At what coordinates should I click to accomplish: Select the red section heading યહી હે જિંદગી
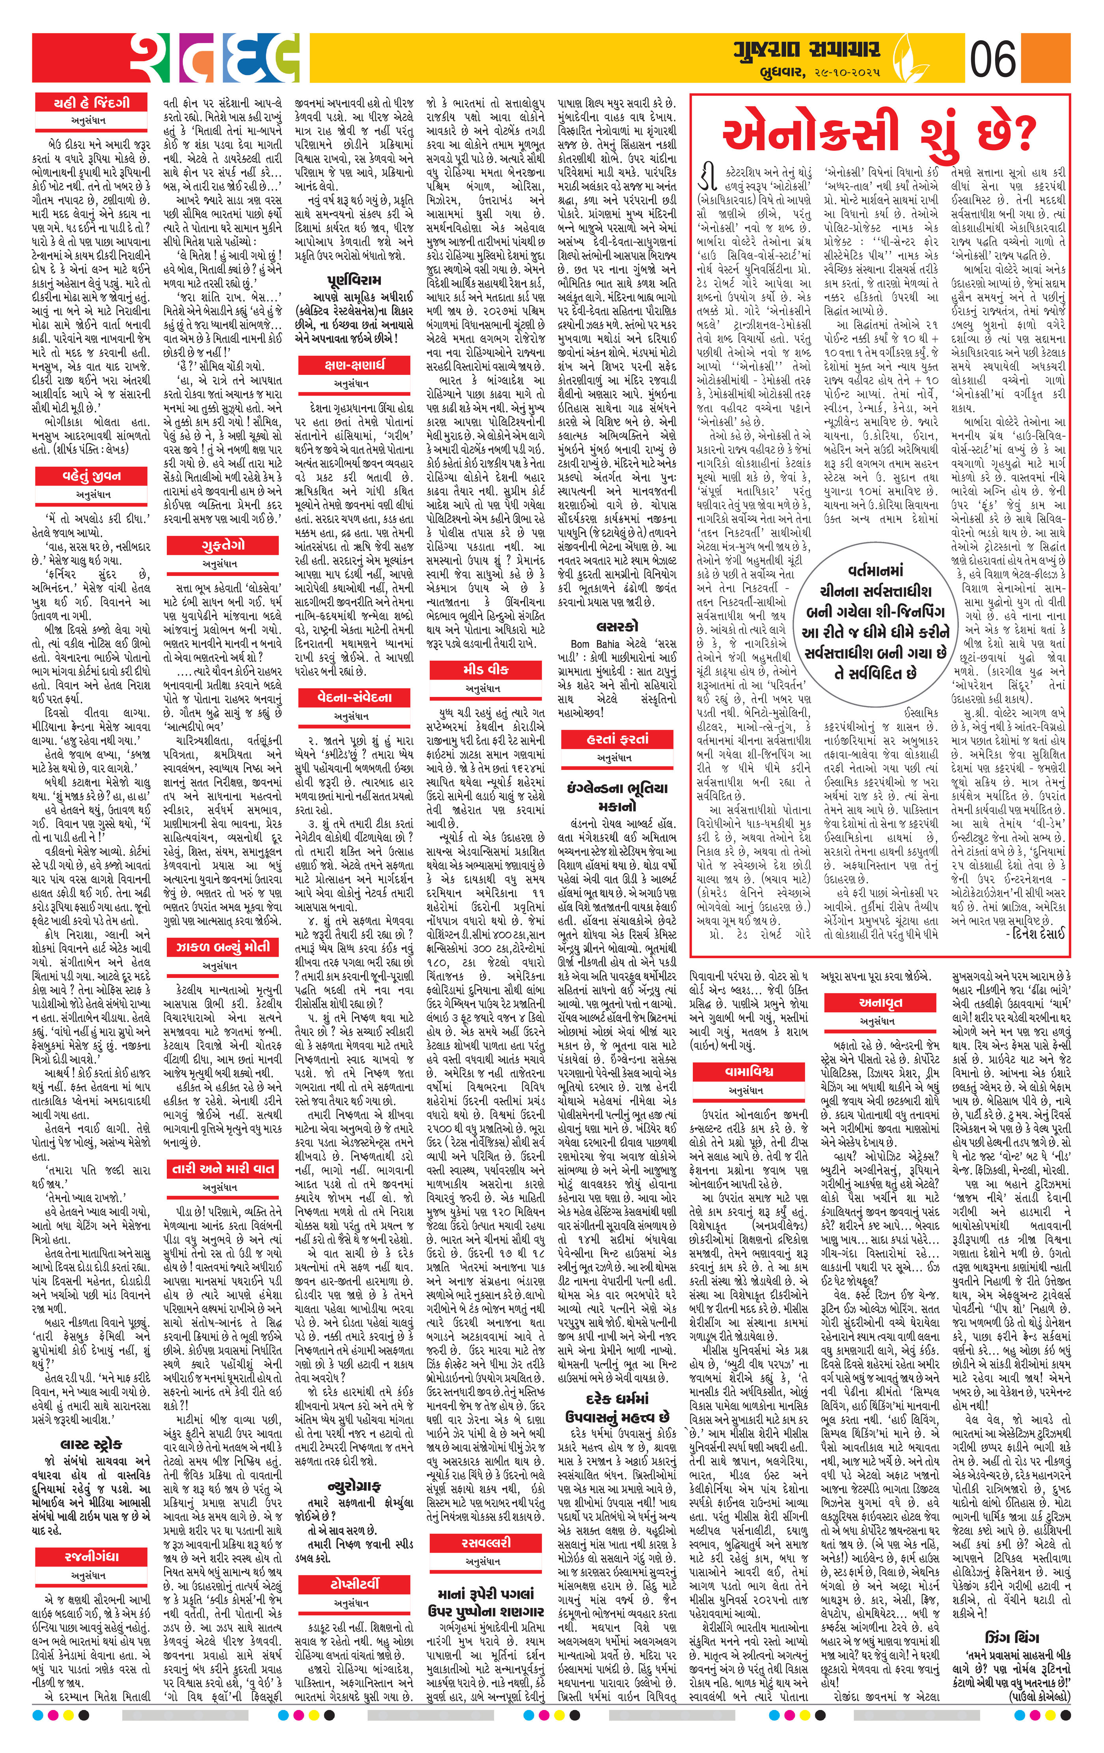(x=91, y=102)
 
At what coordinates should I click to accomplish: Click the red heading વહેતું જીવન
(x=91, y=476)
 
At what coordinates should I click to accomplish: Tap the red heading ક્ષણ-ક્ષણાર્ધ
(x=354, y=365)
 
